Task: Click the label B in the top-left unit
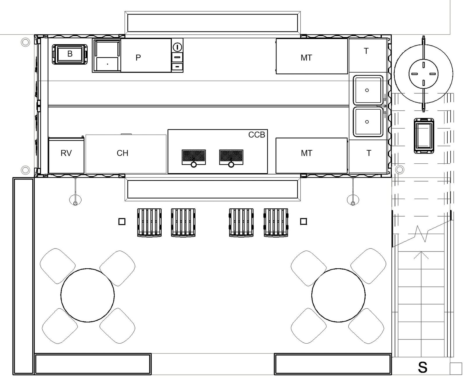[x=70, y=54]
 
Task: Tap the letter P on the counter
[x=138, y=58]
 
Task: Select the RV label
[x=66, y=153]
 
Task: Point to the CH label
[x=122, y=153]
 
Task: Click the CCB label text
[x=257, y=135]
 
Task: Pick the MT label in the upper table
[x=306, y=58]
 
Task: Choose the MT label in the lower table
[x=306, y=153]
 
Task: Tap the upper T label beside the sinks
[x=366, y=51]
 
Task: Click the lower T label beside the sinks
[x=369, y=153]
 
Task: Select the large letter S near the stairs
[x=423, y=367]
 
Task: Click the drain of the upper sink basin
[x=367, y=90]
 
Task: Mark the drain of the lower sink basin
[x=367, y=122]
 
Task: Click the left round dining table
[x=88, y=295]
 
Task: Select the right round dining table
[x=338, y=295]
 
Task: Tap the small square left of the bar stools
[x=122, y=222]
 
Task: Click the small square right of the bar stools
[x=303, y=222]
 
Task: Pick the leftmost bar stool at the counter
[x=149, y=222]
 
